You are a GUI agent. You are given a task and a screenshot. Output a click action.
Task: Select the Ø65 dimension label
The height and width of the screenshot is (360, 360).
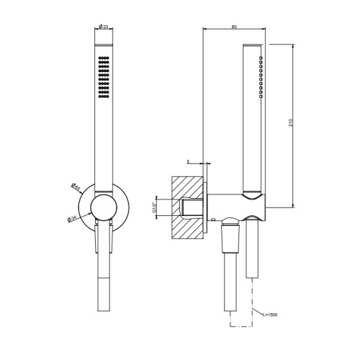(x=76, y=188)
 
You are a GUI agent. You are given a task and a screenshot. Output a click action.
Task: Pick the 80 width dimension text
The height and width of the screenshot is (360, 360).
(x=235, y=27)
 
